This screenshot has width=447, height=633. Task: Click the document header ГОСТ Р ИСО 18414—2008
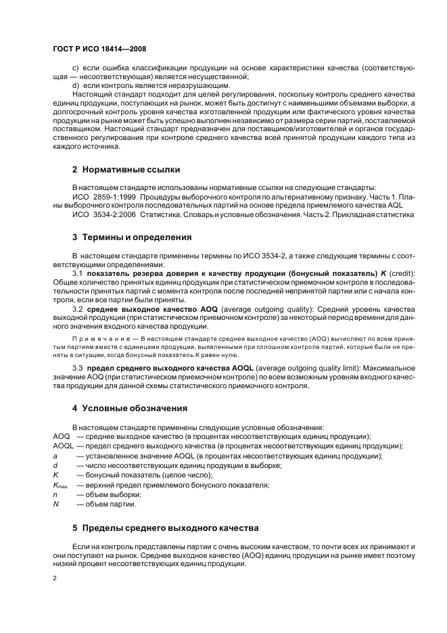point(99,49)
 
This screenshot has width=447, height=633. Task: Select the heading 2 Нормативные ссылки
point(126,169)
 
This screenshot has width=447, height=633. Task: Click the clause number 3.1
point(78,273)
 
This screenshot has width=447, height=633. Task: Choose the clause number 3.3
point(78,368)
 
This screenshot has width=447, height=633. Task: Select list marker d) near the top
point(76,87)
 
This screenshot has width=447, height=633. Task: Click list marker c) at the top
point(76,68)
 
